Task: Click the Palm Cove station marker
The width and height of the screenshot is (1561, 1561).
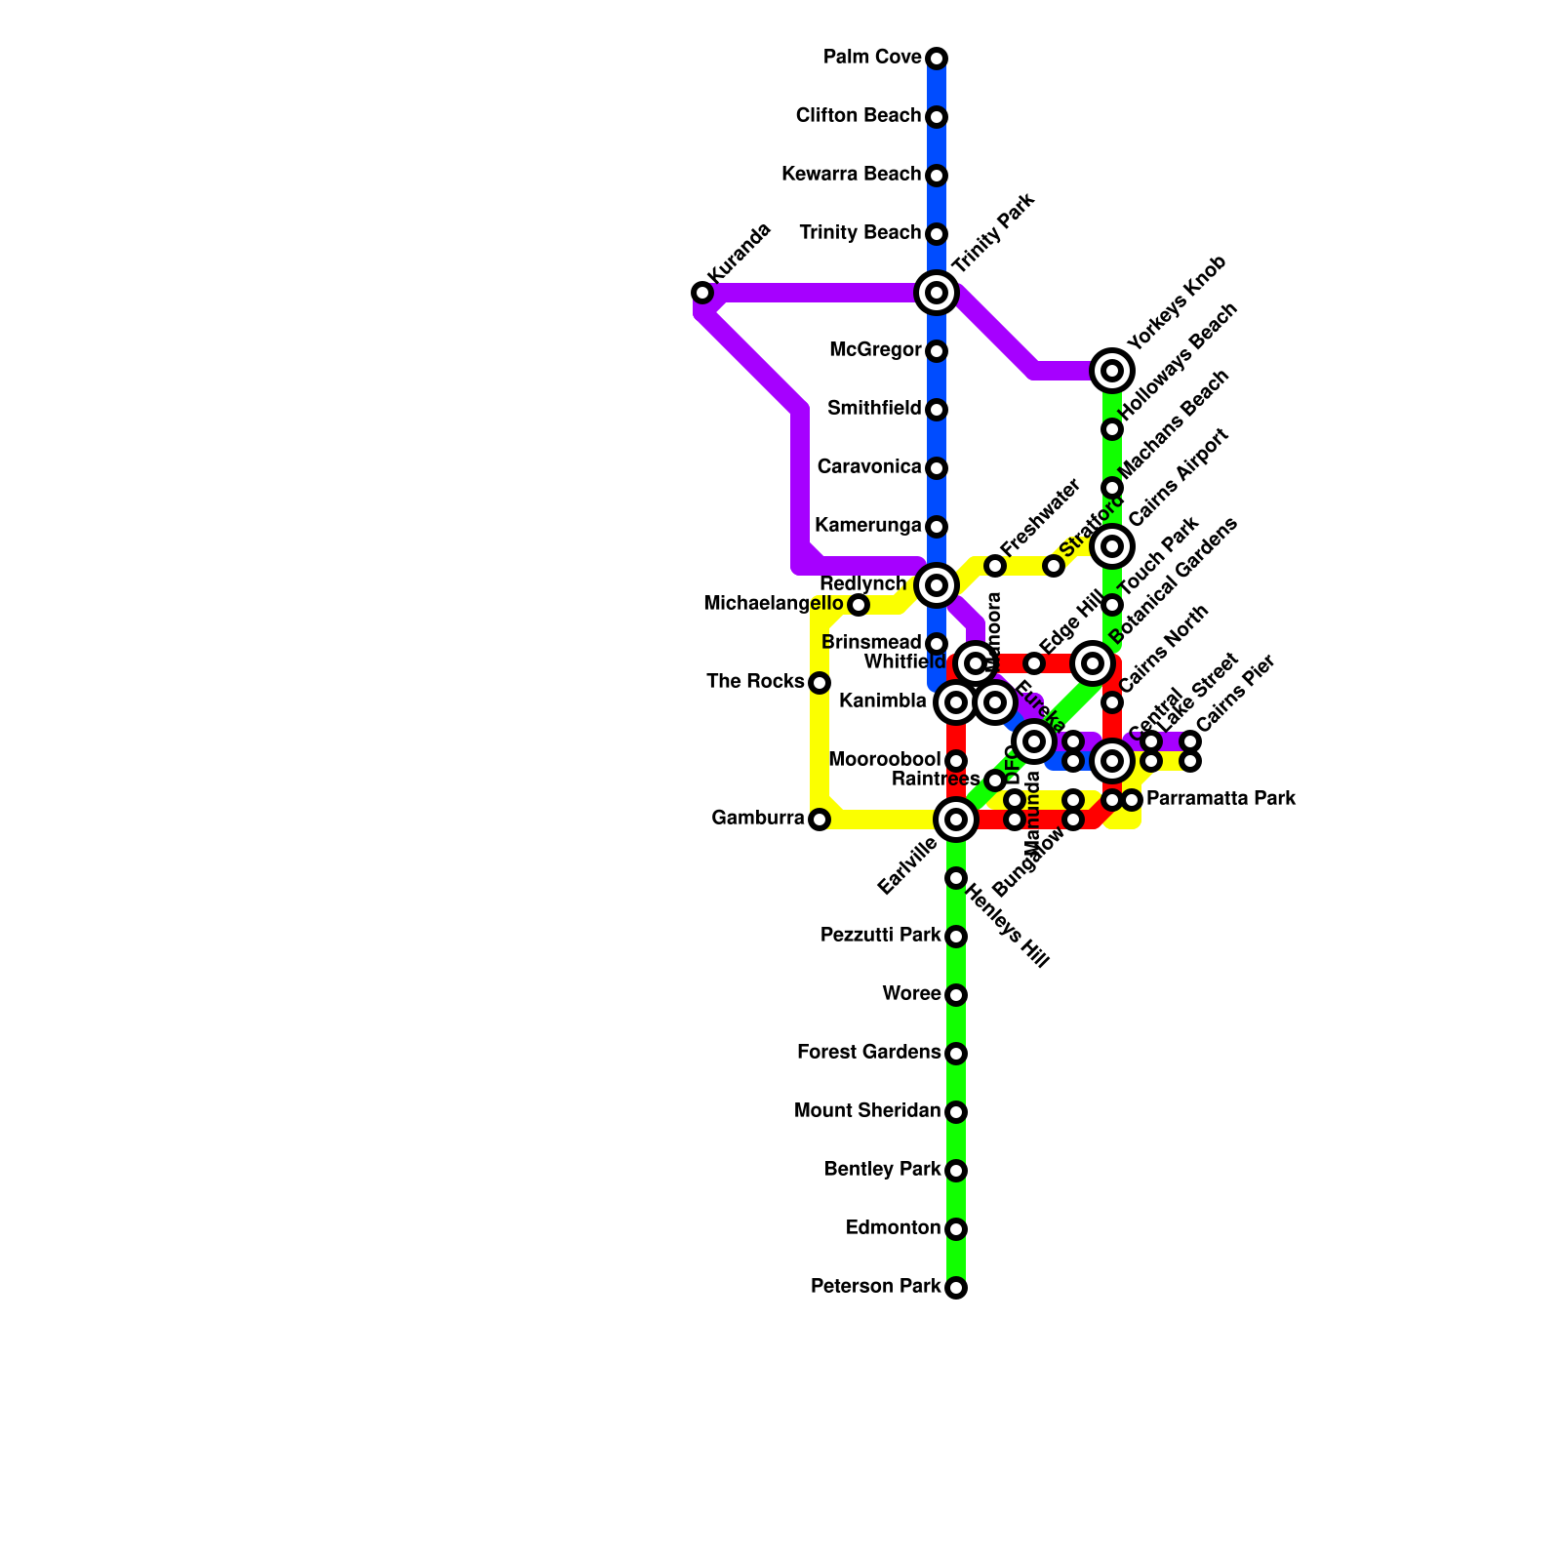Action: [937, 59]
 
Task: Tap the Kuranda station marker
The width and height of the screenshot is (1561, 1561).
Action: [701, 293]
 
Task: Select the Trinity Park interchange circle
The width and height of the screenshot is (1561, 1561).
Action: [937, 292]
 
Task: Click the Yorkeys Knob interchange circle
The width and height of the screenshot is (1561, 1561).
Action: [1112, 370]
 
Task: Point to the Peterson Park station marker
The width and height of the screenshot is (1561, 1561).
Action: [956, 1288]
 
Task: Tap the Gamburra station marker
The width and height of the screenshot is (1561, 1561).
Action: [820, 820]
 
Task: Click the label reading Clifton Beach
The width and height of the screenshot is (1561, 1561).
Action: [858, 116]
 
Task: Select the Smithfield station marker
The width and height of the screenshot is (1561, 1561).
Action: [937, 410]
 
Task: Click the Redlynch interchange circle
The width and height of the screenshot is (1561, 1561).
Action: [937, 585]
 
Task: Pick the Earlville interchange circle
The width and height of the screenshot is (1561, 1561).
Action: [956, 820]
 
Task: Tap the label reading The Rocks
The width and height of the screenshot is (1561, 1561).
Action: [755, 681]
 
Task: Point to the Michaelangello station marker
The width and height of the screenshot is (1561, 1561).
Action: [858, 605]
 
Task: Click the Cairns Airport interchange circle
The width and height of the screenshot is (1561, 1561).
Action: [1112, 546]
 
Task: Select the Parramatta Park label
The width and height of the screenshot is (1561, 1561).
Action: [1221, 799]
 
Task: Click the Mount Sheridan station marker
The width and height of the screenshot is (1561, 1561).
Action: [956, 1112]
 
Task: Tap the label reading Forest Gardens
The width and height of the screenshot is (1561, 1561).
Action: [868, 1053]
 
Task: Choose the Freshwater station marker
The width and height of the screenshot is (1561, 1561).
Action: [994, 566]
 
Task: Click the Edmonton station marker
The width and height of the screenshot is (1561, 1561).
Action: [956, 1229]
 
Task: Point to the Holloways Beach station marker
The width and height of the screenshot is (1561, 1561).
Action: [1111, 429]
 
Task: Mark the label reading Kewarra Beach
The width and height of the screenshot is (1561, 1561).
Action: [851, 175]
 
